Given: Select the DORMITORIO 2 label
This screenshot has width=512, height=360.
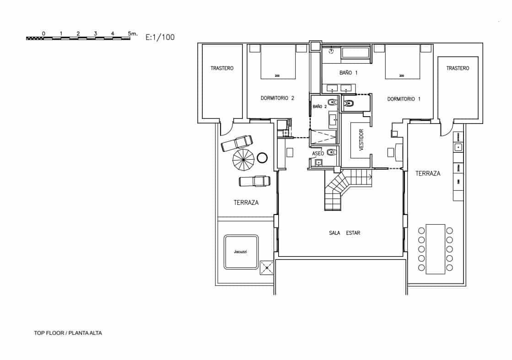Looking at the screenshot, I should (277, 98).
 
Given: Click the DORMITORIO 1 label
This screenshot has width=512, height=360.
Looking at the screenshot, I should (404, 99).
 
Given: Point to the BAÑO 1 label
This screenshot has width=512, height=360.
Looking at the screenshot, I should (348, 73).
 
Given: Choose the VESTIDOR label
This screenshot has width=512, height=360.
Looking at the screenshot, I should (361, 140).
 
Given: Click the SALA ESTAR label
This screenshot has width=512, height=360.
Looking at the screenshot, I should (344, 233).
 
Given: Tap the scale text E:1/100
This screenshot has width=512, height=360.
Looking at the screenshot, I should (160, 38).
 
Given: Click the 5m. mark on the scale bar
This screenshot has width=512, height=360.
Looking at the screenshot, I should (132, 33).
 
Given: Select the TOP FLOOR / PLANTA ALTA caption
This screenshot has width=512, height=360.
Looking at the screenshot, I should (68, 333).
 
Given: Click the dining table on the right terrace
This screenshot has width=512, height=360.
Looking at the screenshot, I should (435, 249).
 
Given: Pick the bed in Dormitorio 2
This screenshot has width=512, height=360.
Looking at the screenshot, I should (278, 62).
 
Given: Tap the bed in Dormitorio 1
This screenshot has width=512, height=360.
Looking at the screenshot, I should (402, 62).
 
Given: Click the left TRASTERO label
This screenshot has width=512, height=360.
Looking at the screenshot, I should (222, 68).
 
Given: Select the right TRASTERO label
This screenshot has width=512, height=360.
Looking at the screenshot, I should (458, 68).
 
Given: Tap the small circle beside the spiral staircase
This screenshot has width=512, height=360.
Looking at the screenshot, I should (263, 158).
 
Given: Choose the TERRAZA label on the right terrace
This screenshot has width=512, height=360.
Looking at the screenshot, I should (428, 173).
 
